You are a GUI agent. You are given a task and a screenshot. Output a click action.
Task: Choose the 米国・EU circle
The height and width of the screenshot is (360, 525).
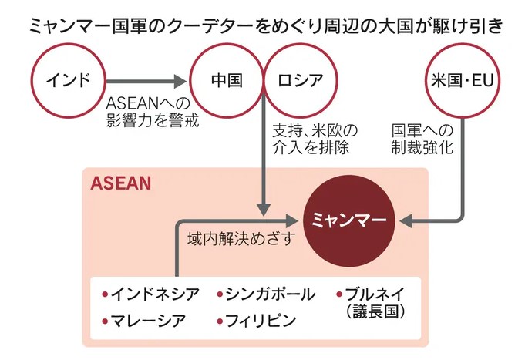(462, 79)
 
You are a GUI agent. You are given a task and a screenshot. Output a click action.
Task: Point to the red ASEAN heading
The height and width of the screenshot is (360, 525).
(120, 184)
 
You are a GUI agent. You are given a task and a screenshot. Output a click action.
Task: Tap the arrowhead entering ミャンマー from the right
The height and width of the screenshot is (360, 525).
(408, 222)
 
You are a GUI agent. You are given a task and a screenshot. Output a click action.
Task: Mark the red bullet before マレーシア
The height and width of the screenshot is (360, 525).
(106, 320)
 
